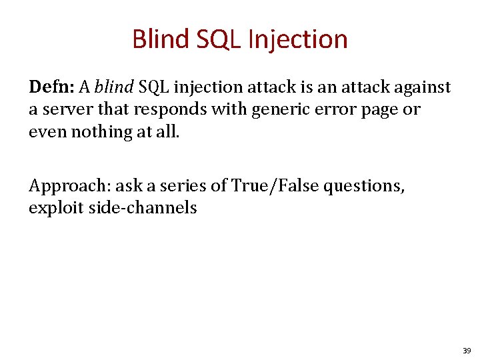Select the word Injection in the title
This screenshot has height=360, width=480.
point(297,39)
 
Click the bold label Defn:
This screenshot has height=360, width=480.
point(51,87)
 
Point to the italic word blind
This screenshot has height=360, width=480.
point(115,87)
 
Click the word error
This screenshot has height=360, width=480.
point(340,109)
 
